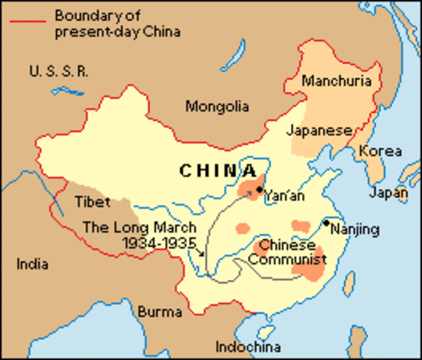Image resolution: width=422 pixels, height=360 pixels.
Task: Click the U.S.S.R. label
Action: pos(59,71)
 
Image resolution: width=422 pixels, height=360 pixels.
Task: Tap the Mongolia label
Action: pos(217,106)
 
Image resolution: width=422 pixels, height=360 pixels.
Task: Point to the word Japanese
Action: pos(319,130)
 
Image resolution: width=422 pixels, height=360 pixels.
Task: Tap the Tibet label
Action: pos(93,202)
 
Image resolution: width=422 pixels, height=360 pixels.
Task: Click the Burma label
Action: pos(160,310)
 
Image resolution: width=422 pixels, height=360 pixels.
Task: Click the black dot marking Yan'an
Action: pos(259,190)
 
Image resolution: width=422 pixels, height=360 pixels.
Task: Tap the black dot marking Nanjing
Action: pos(326,223)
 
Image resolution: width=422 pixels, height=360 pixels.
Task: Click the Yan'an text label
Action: pos(284,196)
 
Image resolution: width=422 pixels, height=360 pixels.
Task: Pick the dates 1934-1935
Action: pos(159,243)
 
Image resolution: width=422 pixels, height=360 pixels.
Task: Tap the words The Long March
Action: pos(139,228)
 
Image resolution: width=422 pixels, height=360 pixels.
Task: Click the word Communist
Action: pos(287,260)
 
